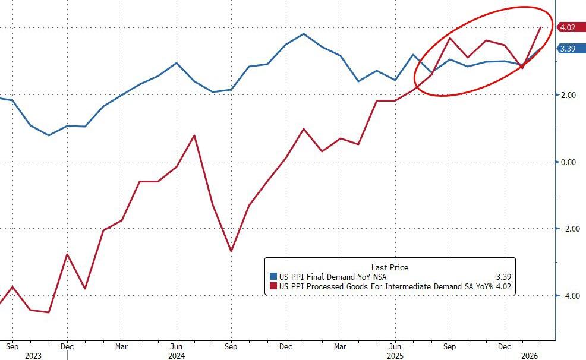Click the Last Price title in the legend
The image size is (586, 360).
click(389, 267)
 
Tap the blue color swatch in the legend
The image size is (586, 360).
click(273, 277)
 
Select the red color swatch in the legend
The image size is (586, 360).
click(273, 287)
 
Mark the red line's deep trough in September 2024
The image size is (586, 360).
click(231, 251)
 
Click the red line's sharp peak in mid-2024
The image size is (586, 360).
click(194, 135)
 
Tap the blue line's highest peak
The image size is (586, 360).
click(304, 34)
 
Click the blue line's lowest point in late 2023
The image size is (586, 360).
click(49, 135)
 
